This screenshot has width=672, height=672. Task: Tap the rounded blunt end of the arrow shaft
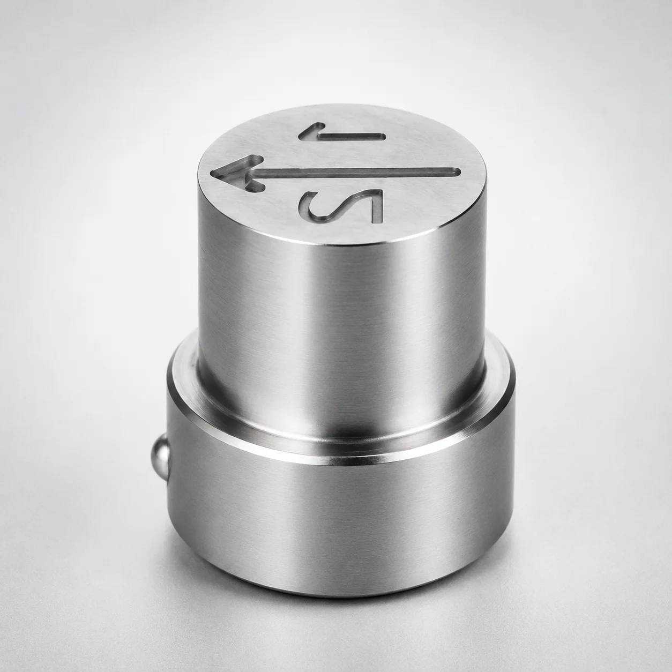coord(458,171)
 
